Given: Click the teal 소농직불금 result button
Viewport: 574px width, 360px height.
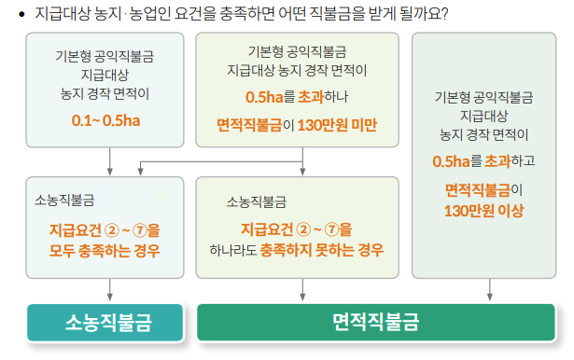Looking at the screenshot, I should pyautogui.click(x=108, y=323).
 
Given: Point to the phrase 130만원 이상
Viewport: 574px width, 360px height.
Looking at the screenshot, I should pyautogui.click(x=484, y=210).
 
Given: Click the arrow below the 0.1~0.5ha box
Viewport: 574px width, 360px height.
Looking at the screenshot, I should pyautogui.click(x=110, y=169).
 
